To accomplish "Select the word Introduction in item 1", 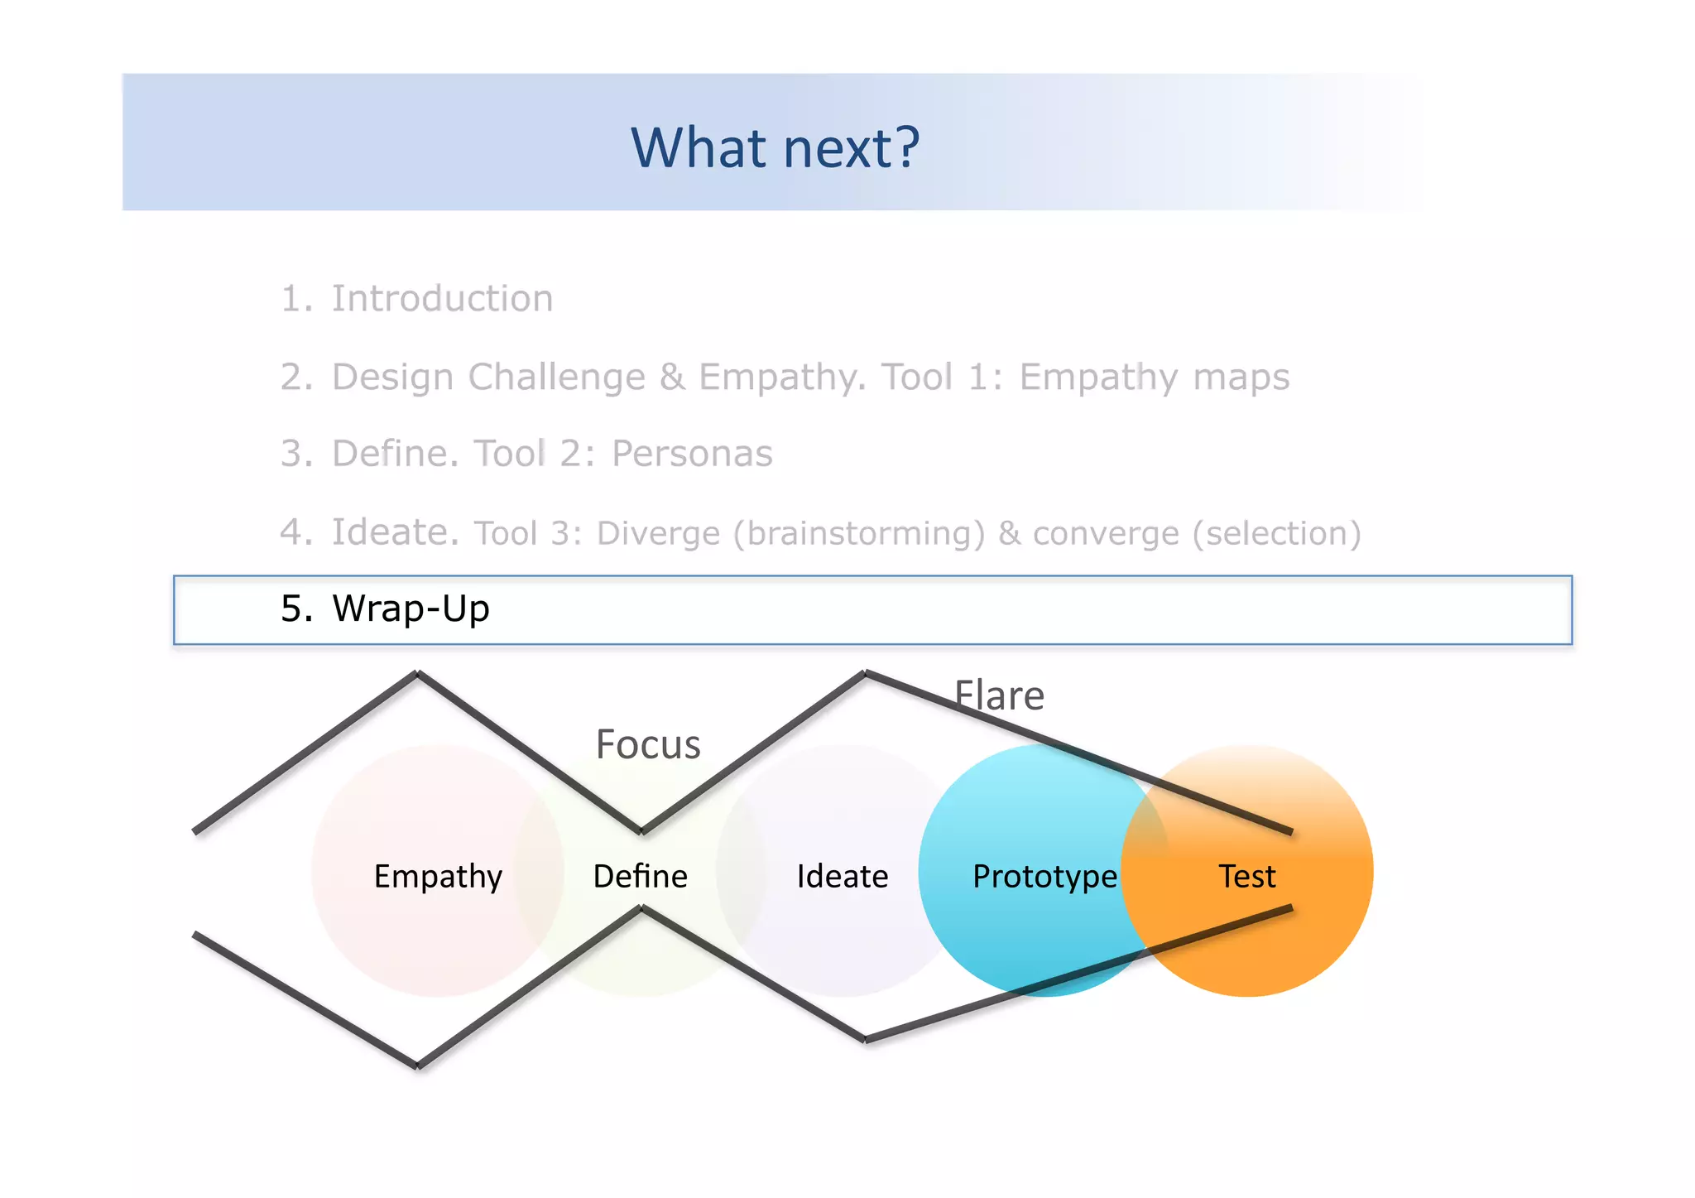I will (442, 298).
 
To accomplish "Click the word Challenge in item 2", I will (556, 377).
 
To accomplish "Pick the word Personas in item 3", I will (692, 454).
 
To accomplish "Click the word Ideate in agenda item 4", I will (395, 532).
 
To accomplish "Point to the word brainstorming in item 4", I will (865, 533).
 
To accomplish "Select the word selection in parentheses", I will (1276, 533).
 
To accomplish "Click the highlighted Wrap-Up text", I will (411, 609).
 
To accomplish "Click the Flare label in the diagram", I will (999, 695).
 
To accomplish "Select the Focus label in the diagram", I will (648, 743).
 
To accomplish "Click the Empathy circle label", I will (438, 876).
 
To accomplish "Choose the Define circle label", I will (640, 876).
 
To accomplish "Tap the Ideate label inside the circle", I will (842, 876).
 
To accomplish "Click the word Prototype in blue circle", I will (1044, 876).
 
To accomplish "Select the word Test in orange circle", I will (1246, 876).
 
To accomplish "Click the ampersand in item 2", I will (672, 377).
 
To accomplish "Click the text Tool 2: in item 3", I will (534, 454).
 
